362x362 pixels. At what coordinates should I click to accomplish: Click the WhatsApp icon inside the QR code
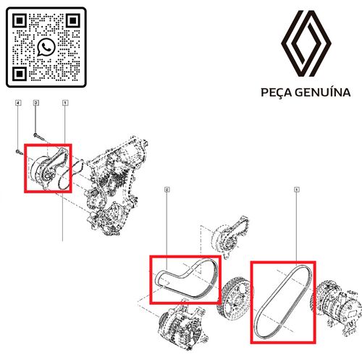46,46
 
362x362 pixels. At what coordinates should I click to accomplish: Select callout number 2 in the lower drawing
167,190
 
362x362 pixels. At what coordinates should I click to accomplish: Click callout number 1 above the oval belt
297,190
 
